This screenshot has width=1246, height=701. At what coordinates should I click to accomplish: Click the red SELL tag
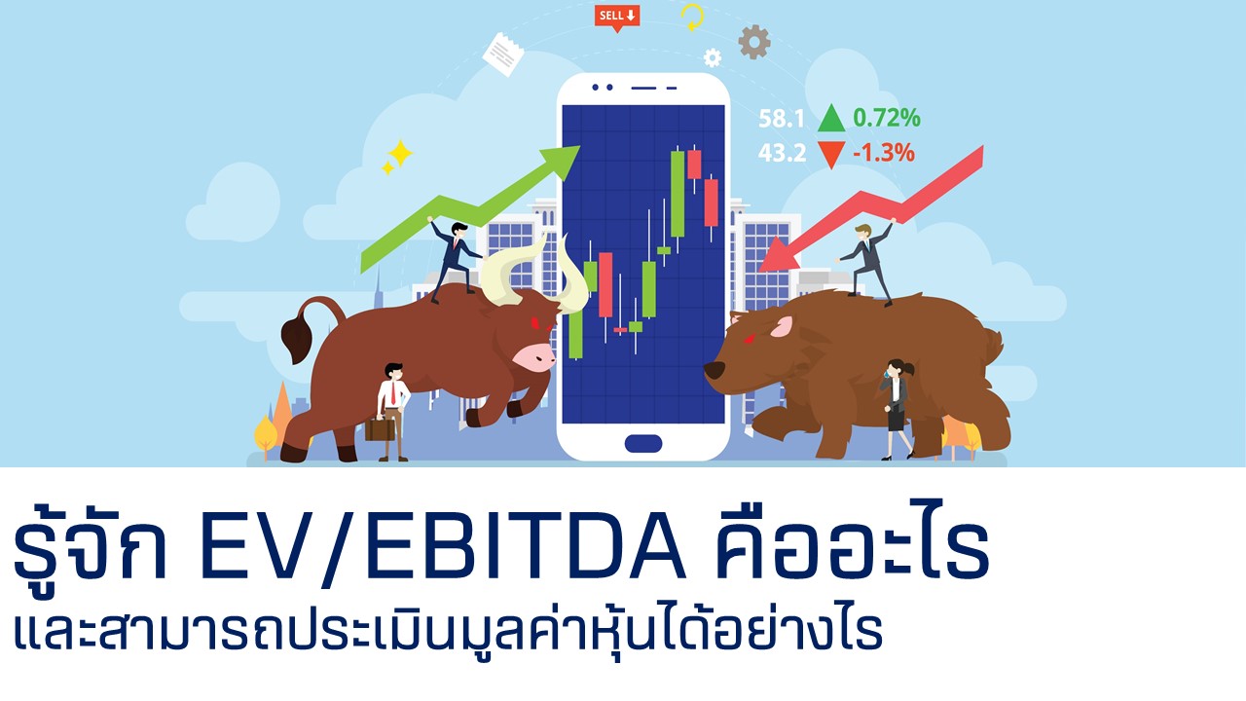point(617,18)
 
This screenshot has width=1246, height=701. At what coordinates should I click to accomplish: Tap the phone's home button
point(643,443)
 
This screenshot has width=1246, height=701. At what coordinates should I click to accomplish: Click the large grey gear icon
point(754,42)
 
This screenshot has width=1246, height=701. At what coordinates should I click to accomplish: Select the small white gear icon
point(713,57)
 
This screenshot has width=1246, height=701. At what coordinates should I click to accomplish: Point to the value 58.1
point(782,119)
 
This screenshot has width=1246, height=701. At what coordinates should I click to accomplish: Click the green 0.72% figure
point(887,118)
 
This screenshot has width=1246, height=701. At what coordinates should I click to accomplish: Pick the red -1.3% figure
point(884,153)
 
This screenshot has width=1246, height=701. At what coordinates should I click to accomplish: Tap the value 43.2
point(782,153)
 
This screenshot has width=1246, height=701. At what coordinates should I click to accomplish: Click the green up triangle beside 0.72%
point(831,118)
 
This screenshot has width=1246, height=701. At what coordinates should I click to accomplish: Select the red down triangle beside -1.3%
point(831,154)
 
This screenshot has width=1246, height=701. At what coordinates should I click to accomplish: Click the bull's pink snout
point(534,356)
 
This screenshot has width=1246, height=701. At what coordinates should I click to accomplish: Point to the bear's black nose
point(715,370)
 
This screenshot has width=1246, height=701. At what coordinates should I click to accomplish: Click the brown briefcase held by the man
point(380,429)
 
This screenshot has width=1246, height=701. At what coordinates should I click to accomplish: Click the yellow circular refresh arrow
point(692,18)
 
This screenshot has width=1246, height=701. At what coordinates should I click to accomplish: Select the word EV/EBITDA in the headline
point(443,549)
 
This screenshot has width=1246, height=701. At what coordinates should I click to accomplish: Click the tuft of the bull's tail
point(297,341)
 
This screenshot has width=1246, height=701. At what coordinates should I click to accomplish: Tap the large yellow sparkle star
point(400,153)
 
